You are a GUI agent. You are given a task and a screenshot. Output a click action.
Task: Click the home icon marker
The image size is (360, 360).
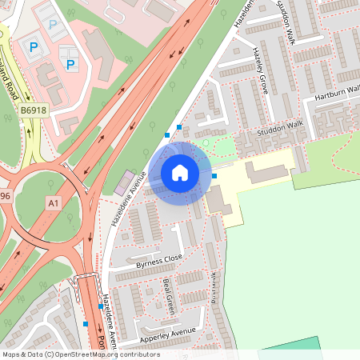(x=180, y=172)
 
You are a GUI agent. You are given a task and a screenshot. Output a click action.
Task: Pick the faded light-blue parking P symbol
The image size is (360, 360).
(x=53, y=25)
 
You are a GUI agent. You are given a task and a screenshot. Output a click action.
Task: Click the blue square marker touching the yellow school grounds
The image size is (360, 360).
(x=214, y=175)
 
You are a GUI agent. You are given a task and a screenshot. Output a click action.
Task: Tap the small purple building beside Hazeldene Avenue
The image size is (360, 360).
(x=125, y=182)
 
